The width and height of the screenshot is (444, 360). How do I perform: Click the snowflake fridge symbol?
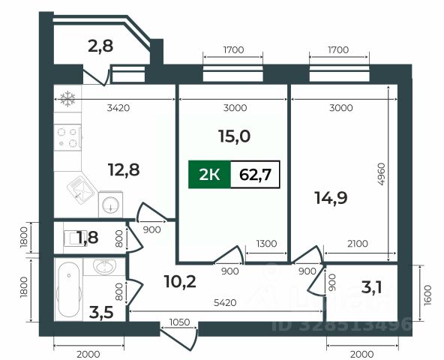click(67, 98)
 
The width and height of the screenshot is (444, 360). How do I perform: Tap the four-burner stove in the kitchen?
click(67, 137)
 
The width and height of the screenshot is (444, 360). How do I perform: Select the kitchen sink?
click(81, 188)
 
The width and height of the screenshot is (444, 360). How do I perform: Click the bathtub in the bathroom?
click(68, 289)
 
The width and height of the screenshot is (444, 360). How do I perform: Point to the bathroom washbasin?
click(104, 267)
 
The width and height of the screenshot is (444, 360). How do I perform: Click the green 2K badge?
click(209, 175)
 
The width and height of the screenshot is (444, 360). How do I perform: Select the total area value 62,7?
click(256, 175)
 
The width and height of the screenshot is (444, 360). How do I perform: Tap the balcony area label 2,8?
click(100, 46)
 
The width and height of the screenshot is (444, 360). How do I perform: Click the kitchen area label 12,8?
click(124, 170)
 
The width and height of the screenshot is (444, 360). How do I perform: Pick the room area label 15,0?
click(235, 136)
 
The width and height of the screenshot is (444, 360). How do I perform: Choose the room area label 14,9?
click(331, 198)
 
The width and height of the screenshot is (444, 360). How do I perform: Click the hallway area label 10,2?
click(180, 281)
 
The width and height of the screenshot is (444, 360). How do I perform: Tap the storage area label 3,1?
click(372, 288)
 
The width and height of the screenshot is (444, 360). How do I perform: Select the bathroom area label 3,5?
click(101, 312)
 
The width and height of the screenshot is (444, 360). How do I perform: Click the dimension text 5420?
click(225, 303)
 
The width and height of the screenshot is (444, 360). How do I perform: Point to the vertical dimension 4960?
click(382, 174)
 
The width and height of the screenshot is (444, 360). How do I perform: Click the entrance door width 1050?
click(179, 322)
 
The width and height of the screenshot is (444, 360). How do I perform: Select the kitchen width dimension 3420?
click(118, 108)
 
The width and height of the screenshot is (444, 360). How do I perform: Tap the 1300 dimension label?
click(266, 243)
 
